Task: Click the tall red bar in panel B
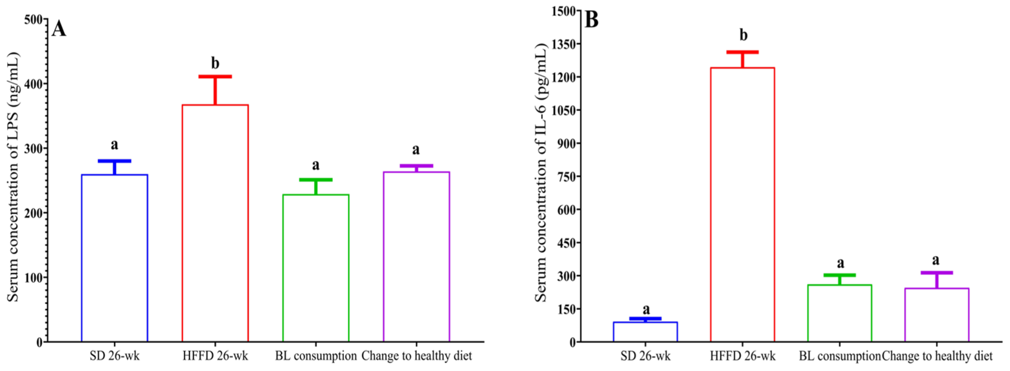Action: (742, 204)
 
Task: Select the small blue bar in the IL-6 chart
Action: (645, 332)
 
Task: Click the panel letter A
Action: (59, 29)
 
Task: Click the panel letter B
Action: (592, 20)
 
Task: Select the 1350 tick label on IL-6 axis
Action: (564, 44)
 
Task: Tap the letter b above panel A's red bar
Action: (215, 63)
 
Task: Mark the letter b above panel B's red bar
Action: (743, 35)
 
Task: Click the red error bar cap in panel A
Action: (215, 77)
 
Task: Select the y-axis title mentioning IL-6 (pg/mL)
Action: (541, 173)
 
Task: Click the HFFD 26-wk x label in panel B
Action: (742, 356)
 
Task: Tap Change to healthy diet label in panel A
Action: (417, 356)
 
